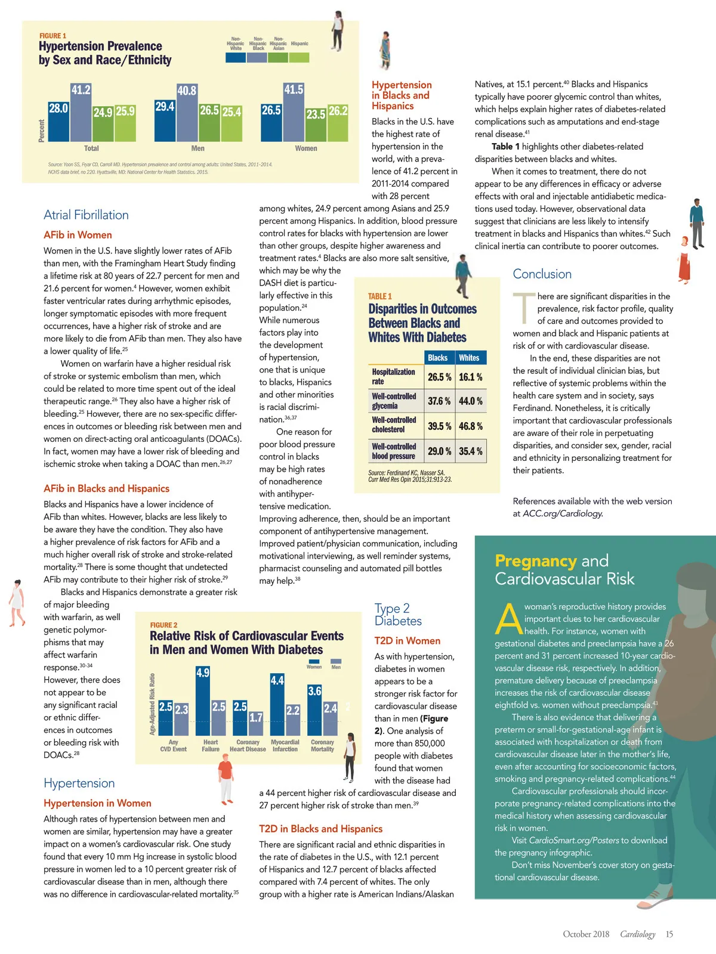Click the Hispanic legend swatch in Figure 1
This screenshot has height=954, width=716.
click(300, 57)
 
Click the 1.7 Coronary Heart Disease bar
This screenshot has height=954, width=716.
click(256, 724)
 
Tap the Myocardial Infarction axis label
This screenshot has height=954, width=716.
click(285, 746)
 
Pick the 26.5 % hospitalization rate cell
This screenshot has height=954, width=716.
click(439, 377)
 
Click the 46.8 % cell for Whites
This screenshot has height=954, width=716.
click(471, 426)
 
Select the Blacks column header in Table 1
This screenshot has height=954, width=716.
click(437, 358)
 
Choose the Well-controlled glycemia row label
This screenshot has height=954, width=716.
click(394, 401)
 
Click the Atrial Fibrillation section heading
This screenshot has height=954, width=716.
click(86, 215)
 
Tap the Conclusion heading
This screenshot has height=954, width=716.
click(542, 274)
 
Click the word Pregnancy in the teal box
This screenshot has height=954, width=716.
click(535, 561)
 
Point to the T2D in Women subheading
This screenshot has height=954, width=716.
click(407, 641)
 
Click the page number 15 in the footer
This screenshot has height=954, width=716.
click(669, 934)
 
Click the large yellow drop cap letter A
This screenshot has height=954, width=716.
click(508, 619)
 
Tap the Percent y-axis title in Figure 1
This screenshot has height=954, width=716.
click(42, 131)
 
